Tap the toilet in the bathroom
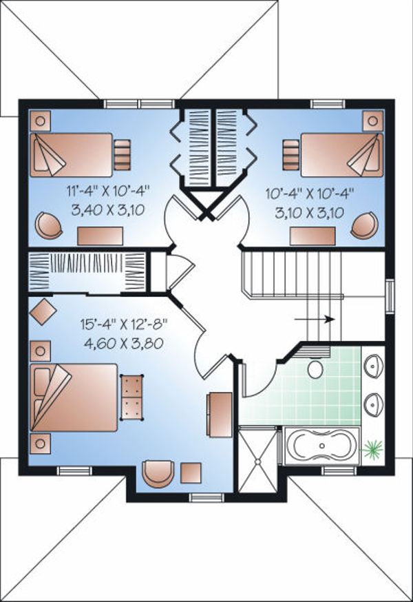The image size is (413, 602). (315, 368)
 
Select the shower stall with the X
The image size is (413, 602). (257, 459)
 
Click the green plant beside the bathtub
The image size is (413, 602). (374, 449)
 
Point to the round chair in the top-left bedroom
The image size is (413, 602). (46, 225)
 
